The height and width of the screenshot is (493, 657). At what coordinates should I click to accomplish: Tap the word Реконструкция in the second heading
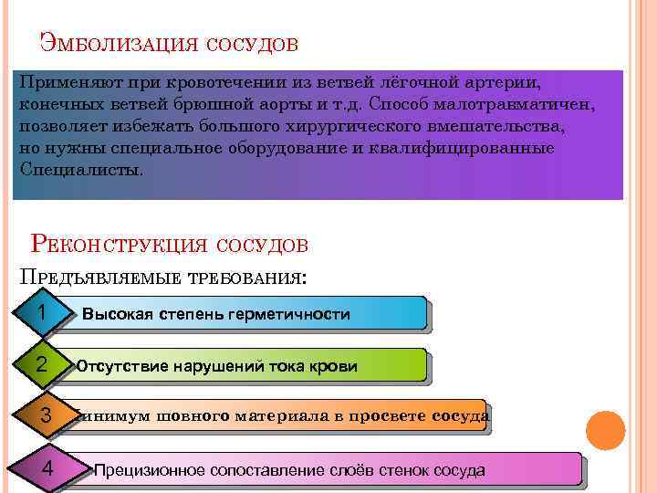click(118, 244)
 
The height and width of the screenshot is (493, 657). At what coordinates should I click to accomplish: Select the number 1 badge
click(42, 313)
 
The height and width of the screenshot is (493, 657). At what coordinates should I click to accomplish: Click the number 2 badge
click(42, 365)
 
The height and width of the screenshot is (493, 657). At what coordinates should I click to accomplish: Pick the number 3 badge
click(46, 416)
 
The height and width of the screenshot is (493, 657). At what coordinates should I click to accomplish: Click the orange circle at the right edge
click(604, 431)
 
